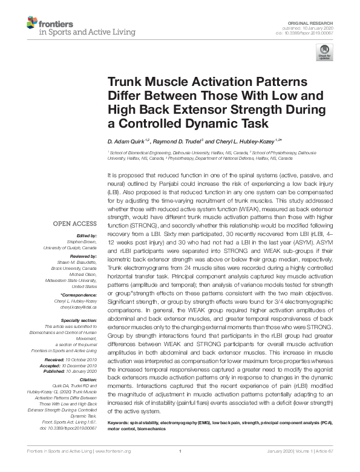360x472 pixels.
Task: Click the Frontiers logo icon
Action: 32,22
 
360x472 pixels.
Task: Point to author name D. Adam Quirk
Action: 128,140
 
